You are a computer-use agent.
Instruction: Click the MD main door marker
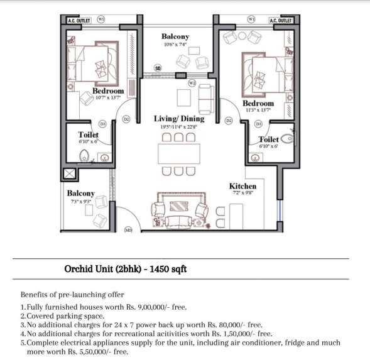point(128,230)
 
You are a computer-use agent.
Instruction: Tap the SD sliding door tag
point(158,68)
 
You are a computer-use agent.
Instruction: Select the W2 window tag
point(192,83)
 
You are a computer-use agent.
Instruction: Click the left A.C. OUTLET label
point(79,21)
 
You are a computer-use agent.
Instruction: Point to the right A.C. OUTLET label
point(281,21)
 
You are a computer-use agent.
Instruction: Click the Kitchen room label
point(243,186)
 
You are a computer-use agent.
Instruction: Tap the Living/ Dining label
point(179,119)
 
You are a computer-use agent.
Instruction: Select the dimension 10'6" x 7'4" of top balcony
point(175,45)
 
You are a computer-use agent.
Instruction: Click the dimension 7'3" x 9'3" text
point(81,202)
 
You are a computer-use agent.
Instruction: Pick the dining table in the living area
point(179,154)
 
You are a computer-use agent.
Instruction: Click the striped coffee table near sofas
point(179,206)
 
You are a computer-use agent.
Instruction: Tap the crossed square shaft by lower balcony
point(69,173)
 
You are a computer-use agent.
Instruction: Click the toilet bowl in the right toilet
point(288,138)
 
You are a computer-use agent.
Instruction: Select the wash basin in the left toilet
point(104,158)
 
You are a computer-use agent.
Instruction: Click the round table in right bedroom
point(242,36)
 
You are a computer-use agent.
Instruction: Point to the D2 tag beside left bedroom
point(126,119)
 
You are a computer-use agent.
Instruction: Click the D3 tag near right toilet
point(258,124)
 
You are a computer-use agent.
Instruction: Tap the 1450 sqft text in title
point(168,269)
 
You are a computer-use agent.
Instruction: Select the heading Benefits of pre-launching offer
point(72,295)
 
